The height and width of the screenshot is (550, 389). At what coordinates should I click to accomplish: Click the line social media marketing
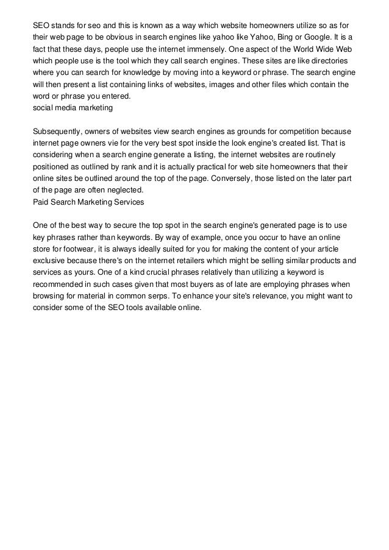(73, 108)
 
